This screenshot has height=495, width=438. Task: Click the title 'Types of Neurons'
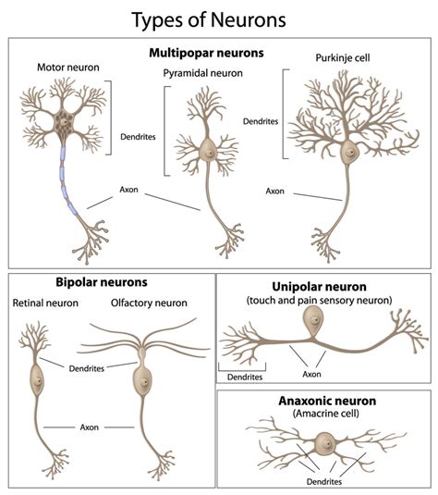[218, 18]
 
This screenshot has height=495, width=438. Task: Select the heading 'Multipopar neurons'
[218, 53]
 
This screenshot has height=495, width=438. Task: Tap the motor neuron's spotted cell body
[69, 121]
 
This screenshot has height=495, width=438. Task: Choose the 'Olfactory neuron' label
[149, 303]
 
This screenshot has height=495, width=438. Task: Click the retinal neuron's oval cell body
[37, 377]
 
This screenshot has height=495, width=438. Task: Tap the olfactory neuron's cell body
[141, 379]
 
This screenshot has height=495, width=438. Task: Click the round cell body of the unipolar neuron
[314, 321]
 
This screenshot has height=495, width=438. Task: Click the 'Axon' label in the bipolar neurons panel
[90, 427]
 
